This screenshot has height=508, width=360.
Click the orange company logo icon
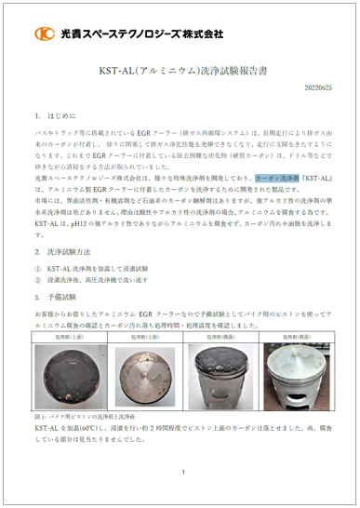tap(45, 34)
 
